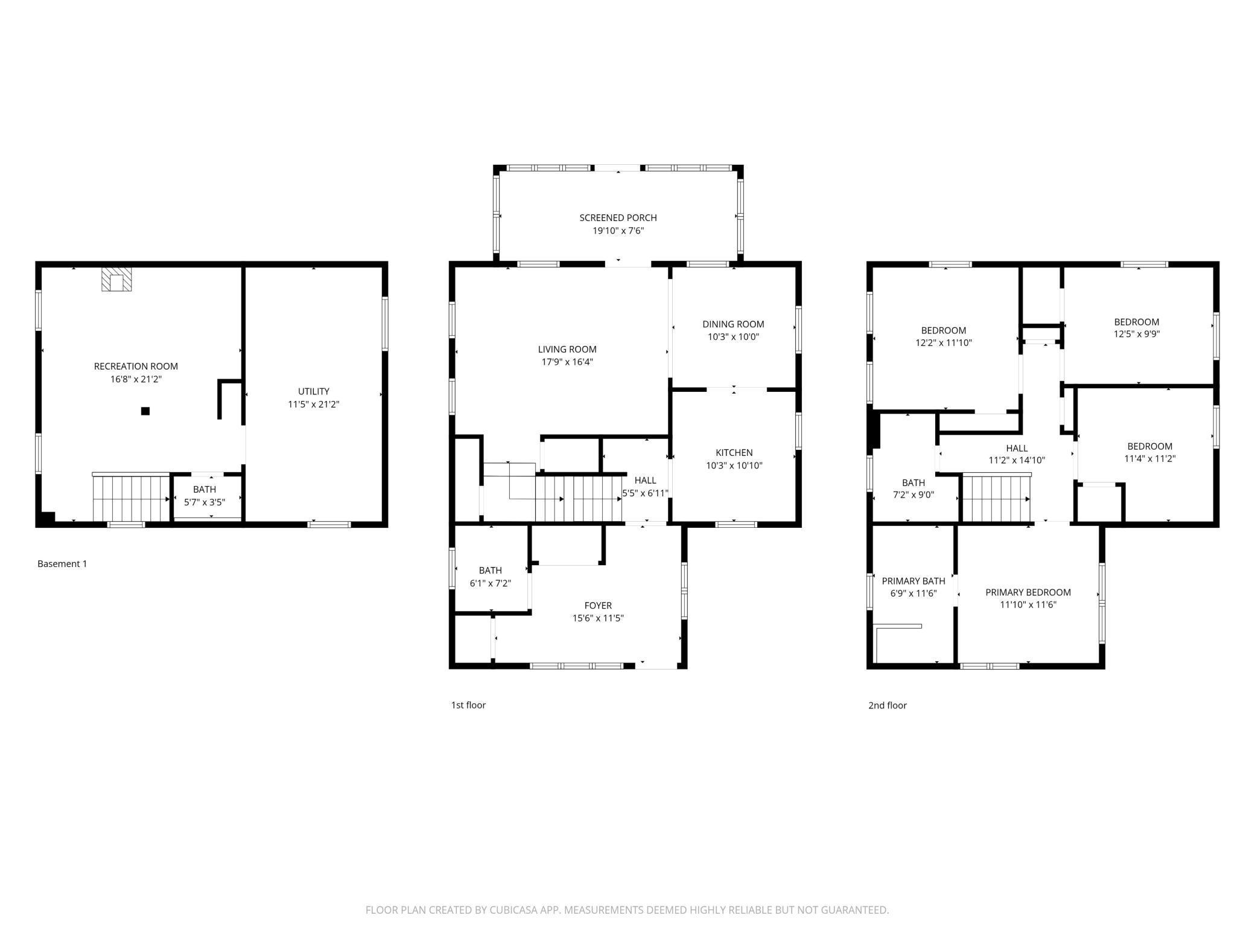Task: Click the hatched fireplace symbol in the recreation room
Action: tap(115, 279)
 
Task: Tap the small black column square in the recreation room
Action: tap(145, 411)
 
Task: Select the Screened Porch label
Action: tap(618, 217)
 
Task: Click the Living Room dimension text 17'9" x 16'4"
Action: tap(567, 362)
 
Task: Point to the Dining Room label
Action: tap(733, 324)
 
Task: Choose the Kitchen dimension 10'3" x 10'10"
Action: tap(734, 466)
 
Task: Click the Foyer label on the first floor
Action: tap(598, 606)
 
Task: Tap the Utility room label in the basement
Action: tap(314, 391)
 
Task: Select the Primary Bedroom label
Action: tap(1028, 592)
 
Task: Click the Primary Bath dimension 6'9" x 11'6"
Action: tap(913, 594)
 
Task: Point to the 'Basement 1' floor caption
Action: tap(62, 564)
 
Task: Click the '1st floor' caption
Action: tap(468, 705)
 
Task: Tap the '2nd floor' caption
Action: tap(888, 705)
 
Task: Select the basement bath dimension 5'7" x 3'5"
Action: tap(205, 502)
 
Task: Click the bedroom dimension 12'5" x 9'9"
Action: tap(1137, 333)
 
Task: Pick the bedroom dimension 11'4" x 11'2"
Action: tap(1150, 458)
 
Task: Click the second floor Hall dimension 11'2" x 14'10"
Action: tap(1017, 460)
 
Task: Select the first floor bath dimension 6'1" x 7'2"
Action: tap(491, 584)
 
